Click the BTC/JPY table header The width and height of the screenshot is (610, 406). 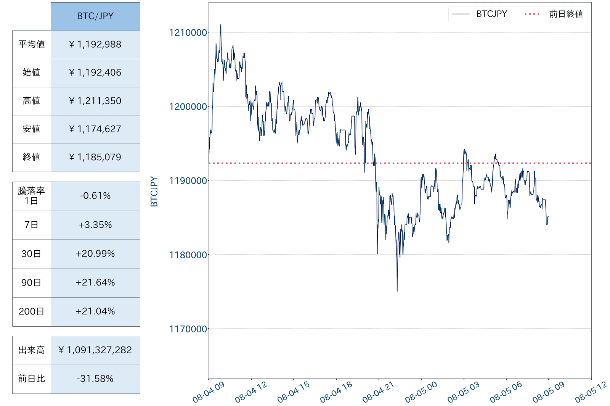click(95, 16)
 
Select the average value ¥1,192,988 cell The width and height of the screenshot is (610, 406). click(95, 44)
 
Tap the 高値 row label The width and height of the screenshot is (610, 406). click(31, 101)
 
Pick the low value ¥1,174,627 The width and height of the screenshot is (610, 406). click(95, 129)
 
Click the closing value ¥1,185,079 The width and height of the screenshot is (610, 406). click(95, 157)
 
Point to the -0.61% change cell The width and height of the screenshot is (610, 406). click(95, 196)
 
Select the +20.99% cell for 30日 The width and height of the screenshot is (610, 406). click(95, 254)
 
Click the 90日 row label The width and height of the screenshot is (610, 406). click(31, 283)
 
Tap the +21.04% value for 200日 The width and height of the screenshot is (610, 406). click(95, 311)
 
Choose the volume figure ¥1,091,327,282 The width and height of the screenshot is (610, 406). click(95, 350)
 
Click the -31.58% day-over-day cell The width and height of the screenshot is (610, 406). click(95, 379)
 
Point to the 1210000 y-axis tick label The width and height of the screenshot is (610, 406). click(188, 32)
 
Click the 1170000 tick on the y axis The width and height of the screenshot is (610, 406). click(188, 329)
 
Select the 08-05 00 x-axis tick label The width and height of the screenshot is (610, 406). click(421, 392)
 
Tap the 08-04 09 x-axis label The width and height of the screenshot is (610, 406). click(209, 392)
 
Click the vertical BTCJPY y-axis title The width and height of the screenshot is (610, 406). click(154, 192)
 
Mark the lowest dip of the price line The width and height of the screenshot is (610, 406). click(397, 291)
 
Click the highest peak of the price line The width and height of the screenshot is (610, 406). click(220, 25)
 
